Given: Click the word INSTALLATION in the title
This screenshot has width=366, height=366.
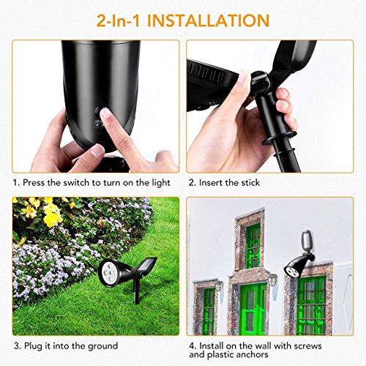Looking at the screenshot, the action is (x=209, y=20).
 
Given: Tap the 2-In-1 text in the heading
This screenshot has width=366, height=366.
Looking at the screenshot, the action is (x=119, y=20).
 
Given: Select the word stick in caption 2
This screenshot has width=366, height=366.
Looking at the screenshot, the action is (x=248, y=182).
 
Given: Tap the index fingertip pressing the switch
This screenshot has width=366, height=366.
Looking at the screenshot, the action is (x=106, y=113).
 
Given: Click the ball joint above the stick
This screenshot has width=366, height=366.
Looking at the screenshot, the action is (x=261, y=83).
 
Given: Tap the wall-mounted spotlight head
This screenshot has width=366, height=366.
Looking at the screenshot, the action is (x=293, y=269).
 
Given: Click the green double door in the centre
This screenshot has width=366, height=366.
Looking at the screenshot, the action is (x=253, y=309).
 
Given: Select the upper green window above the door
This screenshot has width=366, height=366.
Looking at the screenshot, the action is (x=253, y=246).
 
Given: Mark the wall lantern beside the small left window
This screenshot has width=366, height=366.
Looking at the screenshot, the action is (x=219, y=286).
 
